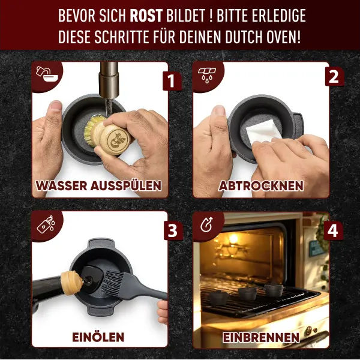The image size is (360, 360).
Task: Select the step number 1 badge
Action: (x=171, y=80)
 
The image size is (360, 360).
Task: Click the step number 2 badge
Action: (x=333, y=76)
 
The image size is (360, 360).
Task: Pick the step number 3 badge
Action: (x=171, y=229)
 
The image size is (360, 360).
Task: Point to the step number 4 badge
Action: (x=333, y=229)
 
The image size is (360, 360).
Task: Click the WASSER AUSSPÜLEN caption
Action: (x=99, y=185)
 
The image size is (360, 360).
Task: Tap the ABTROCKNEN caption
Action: (x=261, y=185)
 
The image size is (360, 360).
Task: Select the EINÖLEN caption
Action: (x=99, y=337)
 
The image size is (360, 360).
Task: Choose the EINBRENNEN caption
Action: (x=261, y=337)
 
